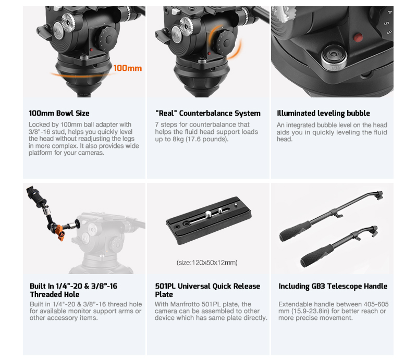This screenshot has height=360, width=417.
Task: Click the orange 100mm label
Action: click(x=127, y=68)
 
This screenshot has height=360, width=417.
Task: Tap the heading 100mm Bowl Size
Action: click(x=59, y=113)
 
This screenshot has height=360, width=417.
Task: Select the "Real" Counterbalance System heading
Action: click(x=207, y=113)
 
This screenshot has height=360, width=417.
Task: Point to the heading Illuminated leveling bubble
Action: click(x=323, y=113)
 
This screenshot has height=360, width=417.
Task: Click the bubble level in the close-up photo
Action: click(x=334, y=57)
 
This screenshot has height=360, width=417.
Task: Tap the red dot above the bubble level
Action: click(x=358, y=38)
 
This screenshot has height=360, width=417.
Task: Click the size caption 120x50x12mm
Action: click(x=207, y=263)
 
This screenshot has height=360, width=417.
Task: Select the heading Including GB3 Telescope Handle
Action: click(x=333, y=286)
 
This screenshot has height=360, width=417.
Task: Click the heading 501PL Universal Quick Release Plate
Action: click(x=207, y=290)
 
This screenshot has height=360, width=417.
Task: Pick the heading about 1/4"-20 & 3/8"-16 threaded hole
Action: click(x=73, y=290)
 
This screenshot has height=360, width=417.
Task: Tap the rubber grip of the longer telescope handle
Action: click(x=295, y=231)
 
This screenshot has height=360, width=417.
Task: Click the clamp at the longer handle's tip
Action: click(x=379, y=195)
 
